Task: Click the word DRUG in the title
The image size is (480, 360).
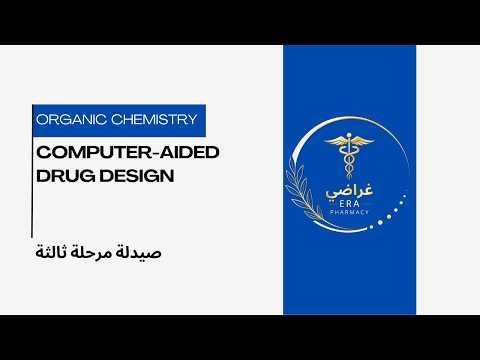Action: pyautogui.click(x=62, y=176)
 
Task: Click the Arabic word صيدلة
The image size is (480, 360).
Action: pyautogui.click(x=139, y=250)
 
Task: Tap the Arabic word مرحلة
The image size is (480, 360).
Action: pyautogui.click(x=92, y=250)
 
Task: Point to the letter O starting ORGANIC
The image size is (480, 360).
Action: pyautogui.click(x=41, y=120)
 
